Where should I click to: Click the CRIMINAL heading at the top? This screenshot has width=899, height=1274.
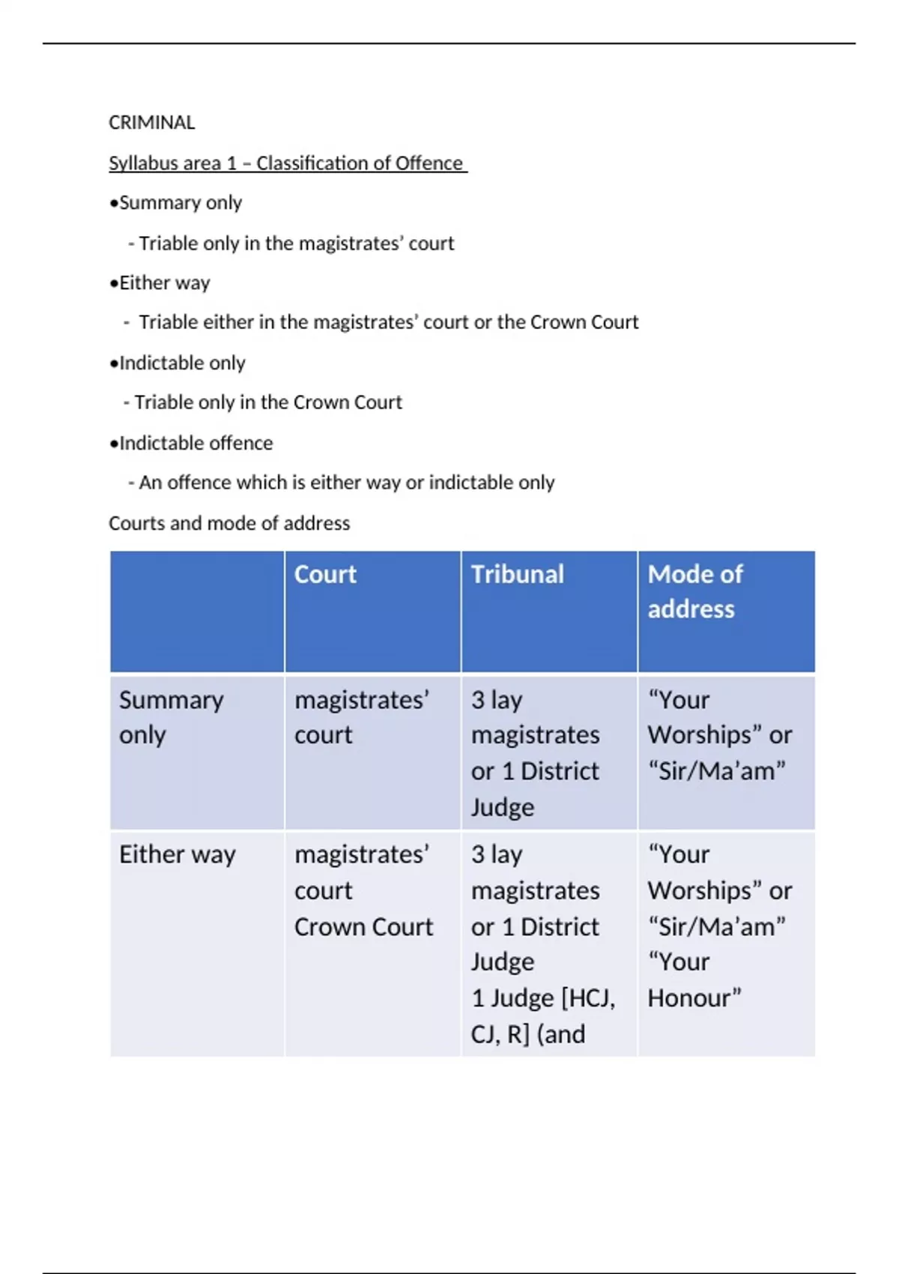click(x=151, y=122)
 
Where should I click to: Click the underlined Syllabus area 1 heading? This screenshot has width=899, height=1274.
click(x=287, y=163)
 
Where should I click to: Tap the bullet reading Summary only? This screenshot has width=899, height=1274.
click(x=176, y=202)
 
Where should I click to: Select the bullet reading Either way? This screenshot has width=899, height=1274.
click(x=160, y=283)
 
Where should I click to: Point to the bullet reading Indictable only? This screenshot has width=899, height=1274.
click(x=178, y=363)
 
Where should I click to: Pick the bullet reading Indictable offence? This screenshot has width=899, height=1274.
click(x=191, y=443)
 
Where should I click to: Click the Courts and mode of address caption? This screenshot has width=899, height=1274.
click(x=229, y=523)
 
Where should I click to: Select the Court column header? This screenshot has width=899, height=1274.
click(x=325, y=574)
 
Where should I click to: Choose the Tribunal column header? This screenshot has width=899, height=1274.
click(x=517, y=574)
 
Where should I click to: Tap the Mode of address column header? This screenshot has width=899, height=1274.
click(x=694, y=591)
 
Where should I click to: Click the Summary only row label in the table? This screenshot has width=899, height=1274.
click(x=171, y=717)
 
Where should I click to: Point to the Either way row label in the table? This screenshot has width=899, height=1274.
click(x=178, y=854)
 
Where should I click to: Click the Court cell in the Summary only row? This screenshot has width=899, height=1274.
click(x=361, y=717)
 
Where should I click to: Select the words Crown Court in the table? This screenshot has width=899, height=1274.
click(x=363, y=927)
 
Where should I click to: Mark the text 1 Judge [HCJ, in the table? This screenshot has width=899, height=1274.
click(x=543, y=998)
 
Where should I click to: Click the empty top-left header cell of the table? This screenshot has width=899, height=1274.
click(x=197, y=612)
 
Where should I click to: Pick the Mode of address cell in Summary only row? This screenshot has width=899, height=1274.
click(x=719, y=735)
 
